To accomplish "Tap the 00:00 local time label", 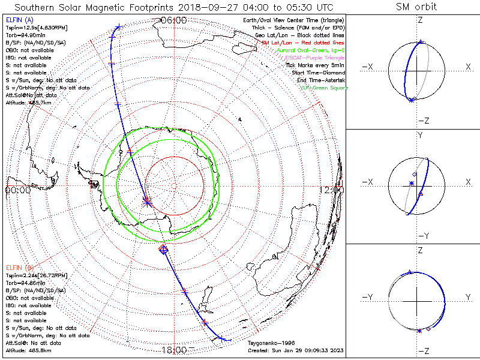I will pos(17,190).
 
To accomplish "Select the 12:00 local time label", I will pos(332,190).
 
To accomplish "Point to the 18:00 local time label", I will pos(173,349).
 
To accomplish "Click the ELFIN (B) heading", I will pos(20,267).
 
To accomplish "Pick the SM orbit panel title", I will pos(416,7).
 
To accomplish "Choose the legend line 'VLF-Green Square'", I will pos(323,88).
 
